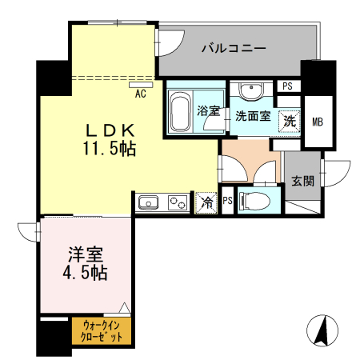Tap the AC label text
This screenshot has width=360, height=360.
[140, 93]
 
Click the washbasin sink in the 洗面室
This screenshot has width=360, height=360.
[250, 90]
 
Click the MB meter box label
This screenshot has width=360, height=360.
[318, 122]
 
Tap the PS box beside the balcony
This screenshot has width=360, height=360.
[286, 86]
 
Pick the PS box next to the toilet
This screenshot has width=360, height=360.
[228, 200]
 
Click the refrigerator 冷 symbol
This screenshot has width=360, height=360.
[206, 202]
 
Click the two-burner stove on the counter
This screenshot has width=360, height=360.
[176, 202]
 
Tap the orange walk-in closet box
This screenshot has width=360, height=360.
[102, 331]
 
